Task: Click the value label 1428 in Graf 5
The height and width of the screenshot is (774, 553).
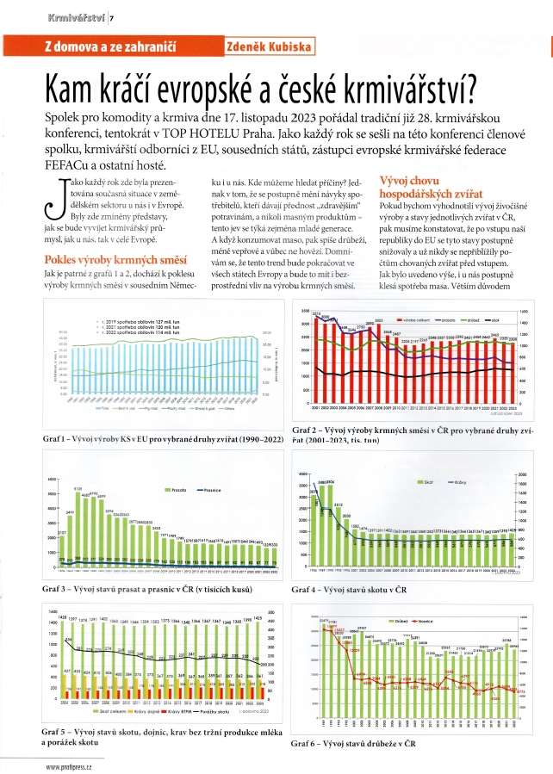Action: tap(62, 616)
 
